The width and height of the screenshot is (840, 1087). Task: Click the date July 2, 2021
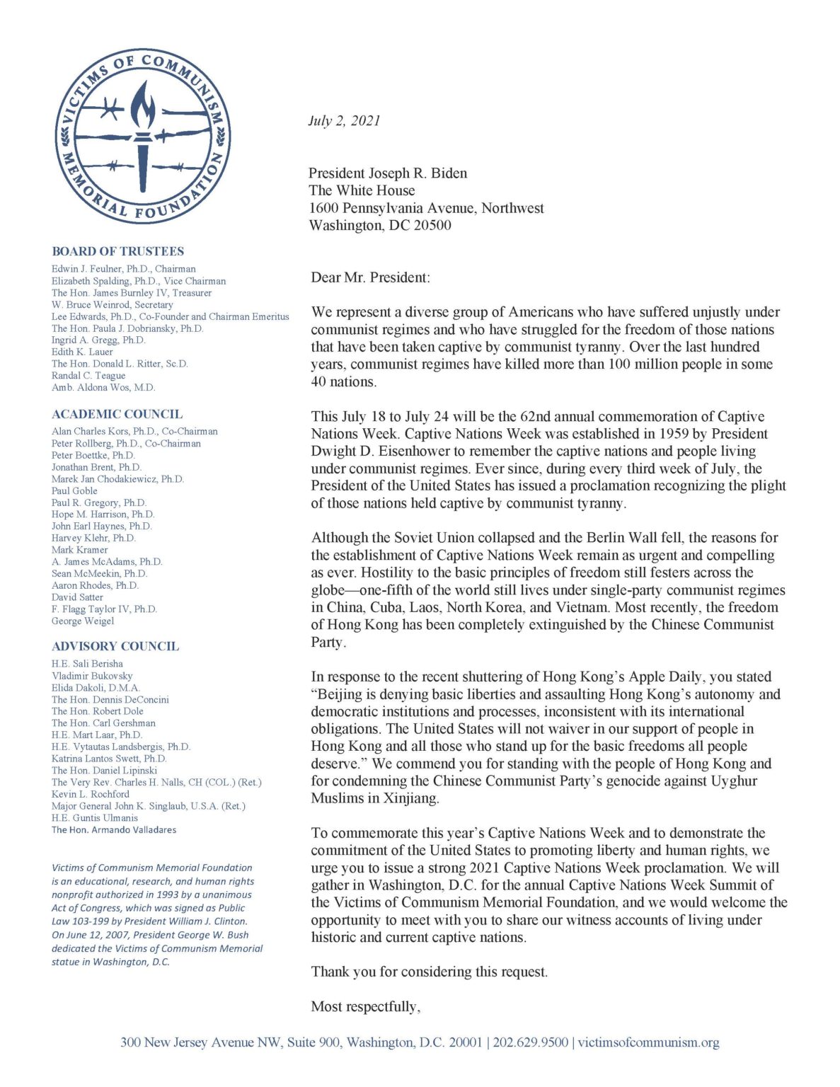(344, 120)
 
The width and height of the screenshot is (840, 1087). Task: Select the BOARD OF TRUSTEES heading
(117, 251)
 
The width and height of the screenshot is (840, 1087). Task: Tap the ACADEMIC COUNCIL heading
(117, 414)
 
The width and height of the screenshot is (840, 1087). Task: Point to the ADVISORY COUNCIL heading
(115, 646)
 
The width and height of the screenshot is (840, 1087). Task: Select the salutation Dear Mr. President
(370, 277)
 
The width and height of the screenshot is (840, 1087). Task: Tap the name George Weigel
(82, 621)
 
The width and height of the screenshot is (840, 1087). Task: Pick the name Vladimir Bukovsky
(92, 676)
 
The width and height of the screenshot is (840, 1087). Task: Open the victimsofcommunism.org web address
(648, 1042)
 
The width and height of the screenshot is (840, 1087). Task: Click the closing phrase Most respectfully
(366, 1006)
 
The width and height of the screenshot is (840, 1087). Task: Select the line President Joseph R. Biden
(388, 173)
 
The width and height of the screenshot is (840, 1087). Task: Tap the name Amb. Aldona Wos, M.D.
(103, 387)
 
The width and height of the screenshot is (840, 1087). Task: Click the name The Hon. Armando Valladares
(114, 829)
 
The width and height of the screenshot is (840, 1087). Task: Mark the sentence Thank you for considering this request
(430, 972)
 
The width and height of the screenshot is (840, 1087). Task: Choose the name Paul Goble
(74, 490)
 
